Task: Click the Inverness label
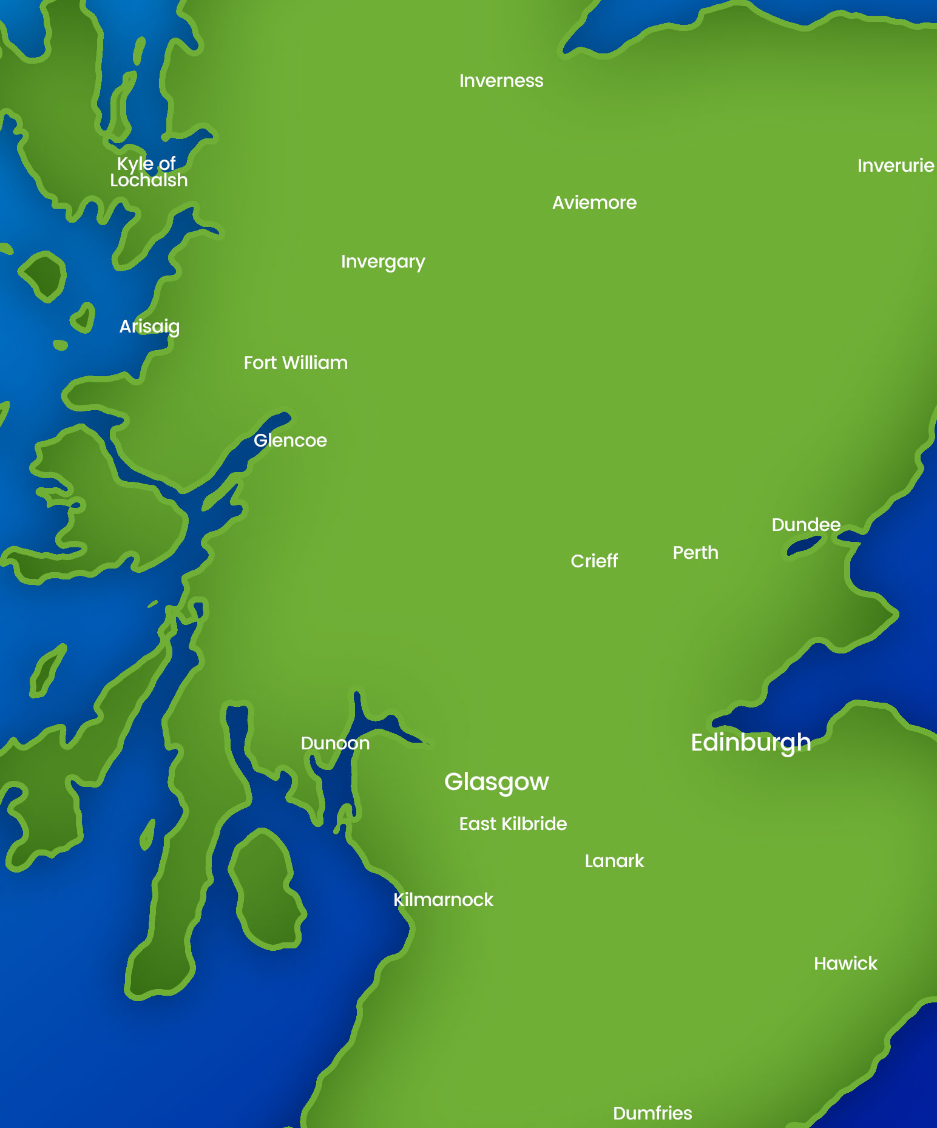click(501, 81)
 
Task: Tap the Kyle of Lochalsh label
click(149, 172)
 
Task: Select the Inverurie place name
click(895, 166)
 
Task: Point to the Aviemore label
click(594, 203)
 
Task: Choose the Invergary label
click(383, 262)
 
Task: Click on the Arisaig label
click(149, 326)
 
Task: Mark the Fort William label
click(296, 363)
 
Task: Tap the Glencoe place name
click(290, 441)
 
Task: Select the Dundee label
click(806, 525)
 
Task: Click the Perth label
click(695, 553)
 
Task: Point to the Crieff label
click(594, 561)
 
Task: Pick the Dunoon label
click(335, 743)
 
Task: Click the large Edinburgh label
click(751, 743)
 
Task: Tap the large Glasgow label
click(496, 782)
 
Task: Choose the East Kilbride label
click(513, 824)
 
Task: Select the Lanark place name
click(614, 861)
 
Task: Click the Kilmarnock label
click(443, 900)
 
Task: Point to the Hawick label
click(845, 964)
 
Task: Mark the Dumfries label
click(652, 1113)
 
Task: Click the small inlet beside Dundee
click(804, 547)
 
